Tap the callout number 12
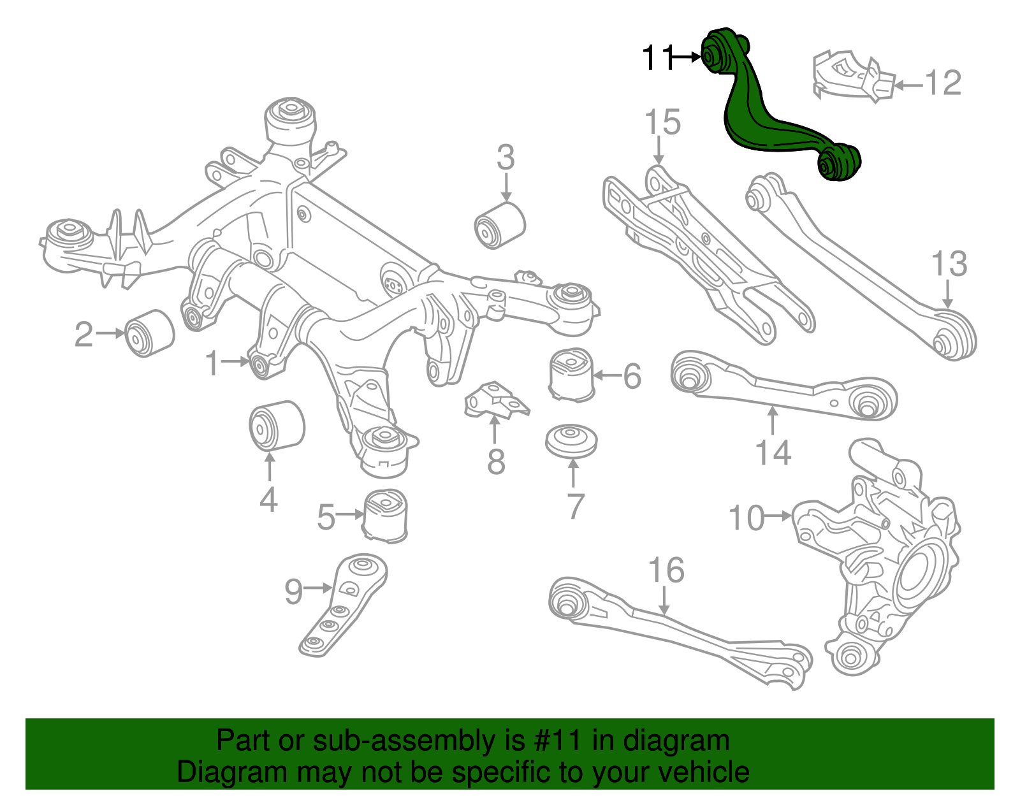943,83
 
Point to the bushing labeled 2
149,333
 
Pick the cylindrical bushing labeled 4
275,426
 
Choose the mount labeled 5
386,516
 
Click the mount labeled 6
571,375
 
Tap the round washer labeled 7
571,440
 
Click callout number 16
666,570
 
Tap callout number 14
773,453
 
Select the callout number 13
949,264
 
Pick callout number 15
662,122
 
